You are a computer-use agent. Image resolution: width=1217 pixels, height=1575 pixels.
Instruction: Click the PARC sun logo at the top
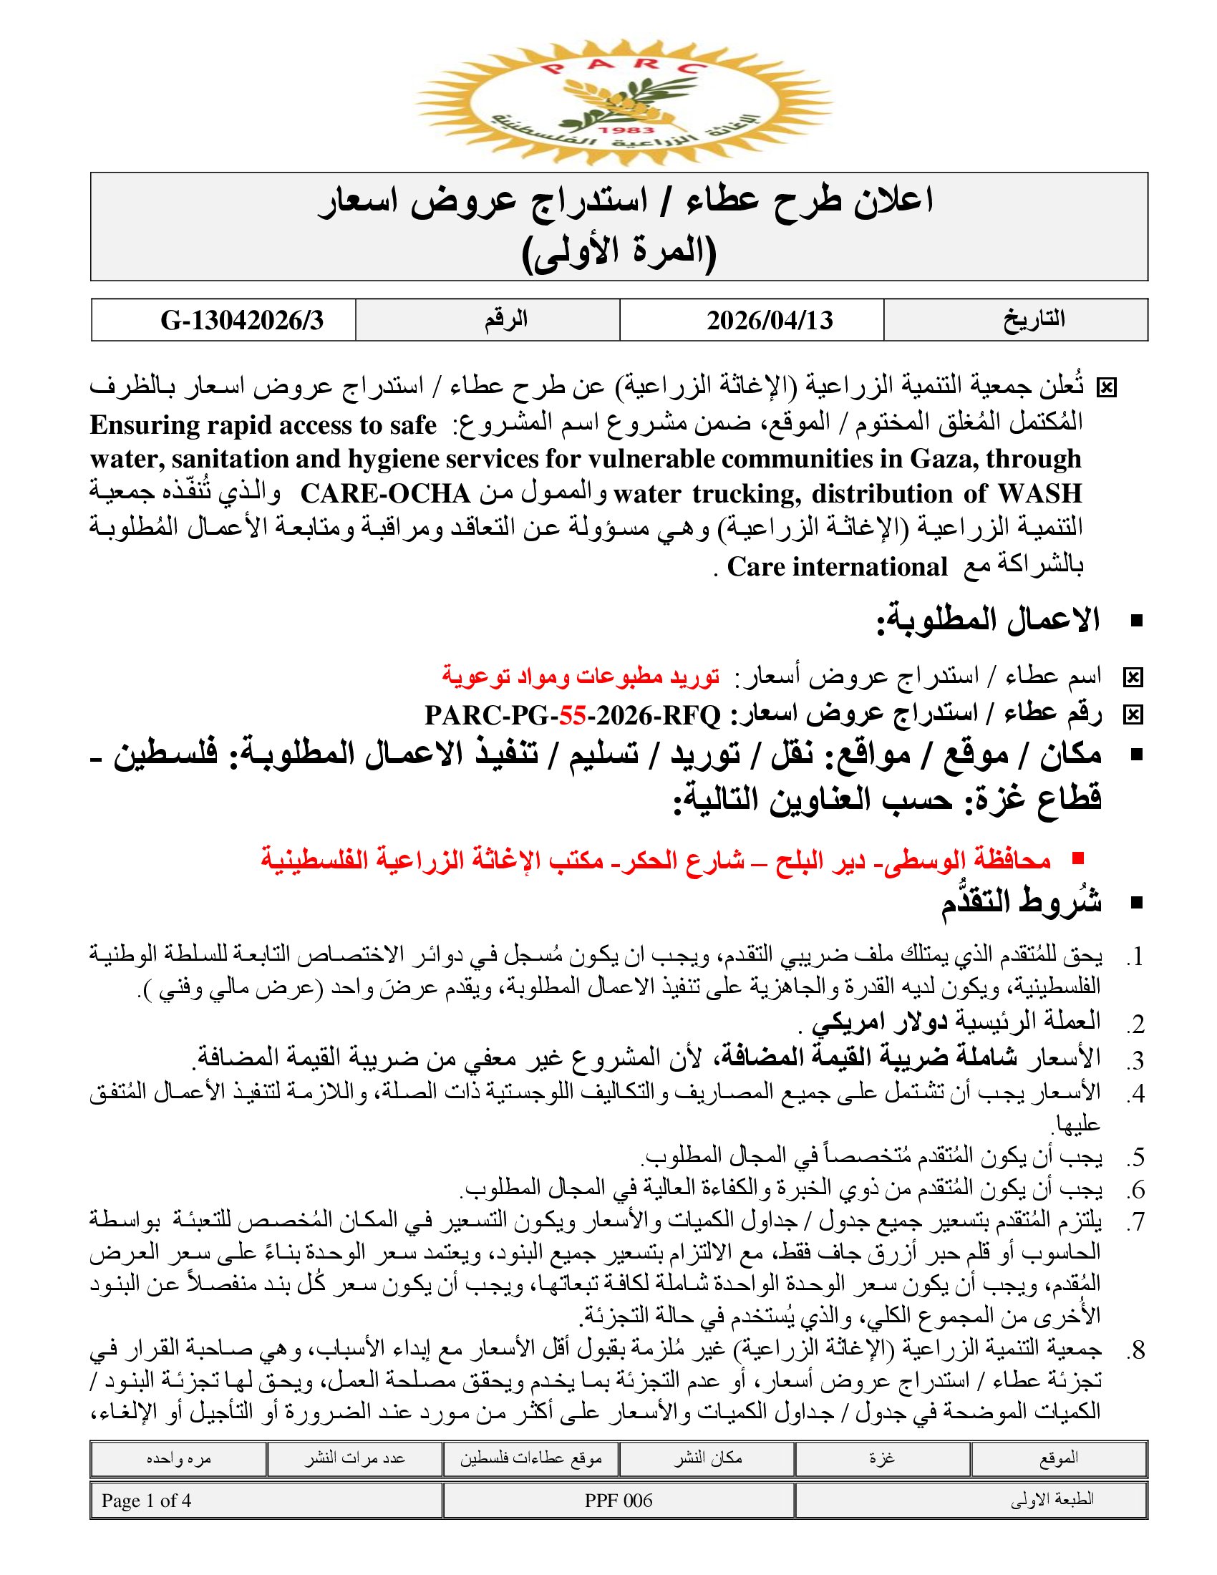click(x=624, y=101)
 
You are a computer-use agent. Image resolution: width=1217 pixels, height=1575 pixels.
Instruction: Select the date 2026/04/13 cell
click(x=770, y=320)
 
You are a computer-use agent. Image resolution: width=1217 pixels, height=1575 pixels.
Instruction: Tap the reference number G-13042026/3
click(x=242, y=320)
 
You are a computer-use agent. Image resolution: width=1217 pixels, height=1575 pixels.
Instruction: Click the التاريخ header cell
click(x=1034, y=319)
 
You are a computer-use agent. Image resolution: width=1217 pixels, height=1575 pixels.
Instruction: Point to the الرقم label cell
click(x=506, y=319)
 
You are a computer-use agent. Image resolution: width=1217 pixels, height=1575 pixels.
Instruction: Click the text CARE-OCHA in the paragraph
click(x=385, y=494)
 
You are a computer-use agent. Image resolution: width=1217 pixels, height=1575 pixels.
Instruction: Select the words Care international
click(x=837, y=567)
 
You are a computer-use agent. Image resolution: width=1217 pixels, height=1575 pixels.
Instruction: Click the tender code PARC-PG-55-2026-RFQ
click(x=573, y=715)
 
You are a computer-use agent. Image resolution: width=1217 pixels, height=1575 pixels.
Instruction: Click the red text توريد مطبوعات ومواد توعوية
click(x=581, y=677)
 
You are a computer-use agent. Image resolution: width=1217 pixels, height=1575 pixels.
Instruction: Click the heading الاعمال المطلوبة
click(x=988, y=621)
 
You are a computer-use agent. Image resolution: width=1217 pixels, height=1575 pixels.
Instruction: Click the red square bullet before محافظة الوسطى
click(x=1079, y=858)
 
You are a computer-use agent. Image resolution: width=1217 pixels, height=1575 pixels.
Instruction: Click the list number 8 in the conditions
click(x=1137, y=1350)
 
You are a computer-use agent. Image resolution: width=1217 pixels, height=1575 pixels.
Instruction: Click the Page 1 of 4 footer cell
click(x=146, y=1501)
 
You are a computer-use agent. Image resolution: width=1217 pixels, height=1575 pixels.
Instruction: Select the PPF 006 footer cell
click(x=619, y=1501)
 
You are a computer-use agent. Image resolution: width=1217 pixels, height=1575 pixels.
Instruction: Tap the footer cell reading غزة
click(x=882, y=1458)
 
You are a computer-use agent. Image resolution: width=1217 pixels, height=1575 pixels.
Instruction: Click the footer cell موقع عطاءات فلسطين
click(x=530, y=1458)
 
